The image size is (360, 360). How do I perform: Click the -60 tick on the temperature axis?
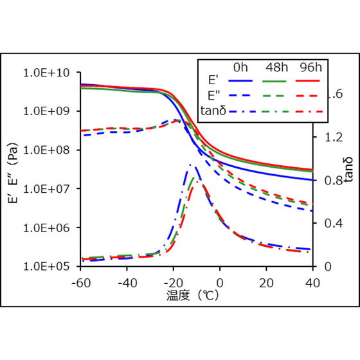point(80,282)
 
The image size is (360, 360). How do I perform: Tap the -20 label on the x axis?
point(173,282)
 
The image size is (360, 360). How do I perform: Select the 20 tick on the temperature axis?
point(266,282)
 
